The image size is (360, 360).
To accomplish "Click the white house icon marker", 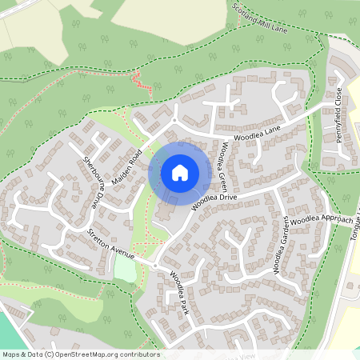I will pyautogui.click(x=180, y=171).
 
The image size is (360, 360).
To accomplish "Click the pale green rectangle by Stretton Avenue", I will pyautogui.click(x=125, y=268).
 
